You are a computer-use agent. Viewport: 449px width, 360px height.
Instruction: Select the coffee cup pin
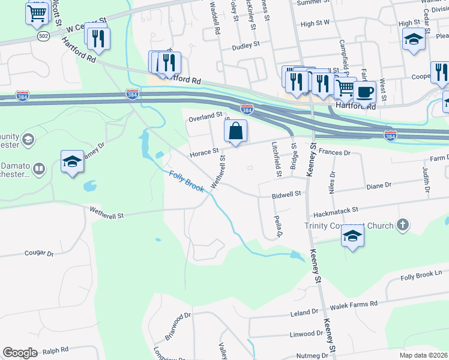tap(364, 93)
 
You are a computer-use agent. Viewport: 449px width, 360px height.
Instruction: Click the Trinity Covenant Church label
tap(349, 226)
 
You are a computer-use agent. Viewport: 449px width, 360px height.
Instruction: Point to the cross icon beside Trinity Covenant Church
tap(403, 225)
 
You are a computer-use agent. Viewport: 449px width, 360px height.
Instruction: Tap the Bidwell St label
tap(286, 196)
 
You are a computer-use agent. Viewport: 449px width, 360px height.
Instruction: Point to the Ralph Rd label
tap(56, 349)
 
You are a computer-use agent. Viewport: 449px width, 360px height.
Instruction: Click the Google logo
tap(20, 353)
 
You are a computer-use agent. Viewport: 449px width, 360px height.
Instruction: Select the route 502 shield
tap(42, 36)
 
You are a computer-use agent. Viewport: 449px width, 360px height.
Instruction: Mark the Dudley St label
tap(246, 44)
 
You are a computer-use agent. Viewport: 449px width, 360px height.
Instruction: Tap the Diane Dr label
tap(379, 186)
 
